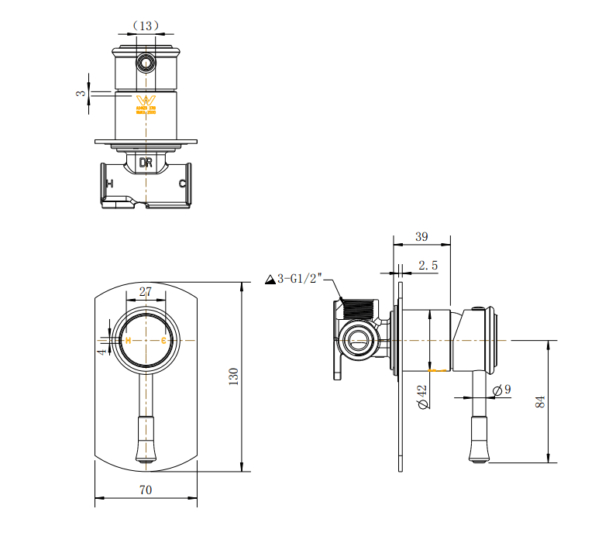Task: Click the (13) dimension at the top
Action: [x=145, y=26]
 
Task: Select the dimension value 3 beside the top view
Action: [x=81, y=93]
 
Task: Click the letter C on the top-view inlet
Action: [x=182, y=184]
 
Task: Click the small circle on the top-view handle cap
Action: [x=145, y=63]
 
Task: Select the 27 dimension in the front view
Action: [x=145, y=291]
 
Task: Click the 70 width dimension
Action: [x=146, y=490]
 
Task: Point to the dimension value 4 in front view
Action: [x=101, y=351]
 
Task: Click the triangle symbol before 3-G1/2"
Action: [x=270, y=280]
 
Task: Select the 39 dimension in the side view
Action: [x=421, y=236]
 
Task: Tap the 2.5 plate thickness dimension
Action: [x=428, y=265]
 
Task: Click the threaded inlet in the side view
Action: [x=359, y=308]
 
